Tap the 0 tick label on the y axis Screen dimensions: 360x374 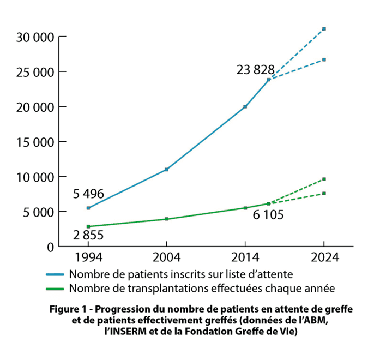(49, 247)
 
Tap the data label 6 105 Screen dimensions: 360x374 (268, 215)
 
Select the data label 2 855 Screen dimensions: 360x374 (87, 235)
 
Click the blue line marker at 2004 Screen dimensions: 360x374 (166, 170)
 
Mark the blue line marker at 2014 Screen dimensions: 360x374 (245, 107)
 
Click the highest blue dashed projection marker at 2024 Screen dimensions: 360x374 (324, 29)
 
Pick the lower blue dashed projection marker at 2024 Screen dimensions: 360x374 (324, 59)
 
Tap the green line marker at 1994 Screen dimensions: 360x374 (88, 226)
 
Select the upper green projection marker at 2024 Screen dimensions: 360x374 (324, 179)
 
